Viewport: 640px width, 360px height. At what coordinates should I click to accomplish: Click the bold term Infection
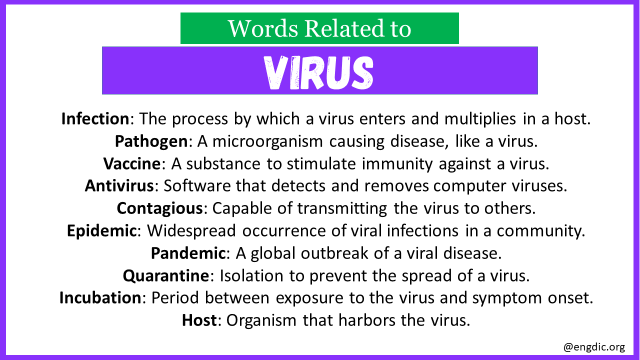(x=95, y=118)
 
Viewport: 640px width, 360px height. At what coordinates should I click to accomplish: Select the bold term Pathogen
(x=151, y=141)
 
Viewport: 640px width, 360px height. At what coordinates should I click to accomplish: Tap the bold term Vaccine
(x=132, y=163)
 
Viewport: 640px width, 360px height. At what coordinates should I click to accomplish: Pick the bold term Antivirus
(x=119, y=185)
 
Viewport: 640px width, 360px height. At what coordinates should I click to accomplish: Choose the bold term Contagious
(x=160, y=208)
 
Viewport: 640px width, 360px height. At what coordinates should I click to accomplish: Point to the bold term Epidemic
(x=101, y=231)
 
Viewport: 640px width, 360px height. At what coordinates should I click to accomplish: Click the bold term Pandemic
(x=188, y=253)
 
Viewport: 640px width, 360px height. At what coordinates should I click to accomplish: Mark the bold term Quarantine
(x=166, y=276)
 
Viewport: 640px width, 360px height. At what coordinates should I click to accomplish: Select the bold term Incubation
(x=100, y=297)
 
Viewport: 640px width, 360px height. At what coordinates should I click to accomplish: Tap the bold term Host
(x=199, y=320)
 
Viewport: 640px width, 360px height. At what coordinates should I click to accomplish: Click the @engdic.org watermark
(x=594, y=347)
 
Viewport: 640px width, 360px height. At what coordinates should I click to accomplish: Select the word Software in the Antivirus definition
(x=197, y=185)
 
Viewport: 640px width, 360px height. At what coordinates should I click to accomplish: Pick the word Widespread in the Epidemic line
(x=191, y=231)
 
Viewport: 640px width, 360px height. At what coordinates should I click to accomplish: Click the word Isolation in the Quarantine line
(x=251, y=275)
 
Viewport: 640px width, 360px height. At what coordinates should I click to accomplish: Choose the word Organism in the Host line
(x=261, y=320)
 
